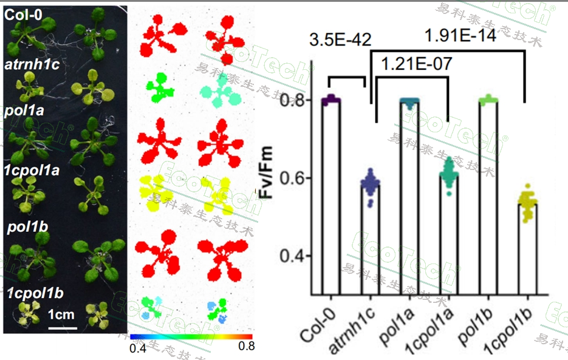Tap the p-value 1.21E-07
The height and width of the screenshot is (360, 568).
click(416, 64)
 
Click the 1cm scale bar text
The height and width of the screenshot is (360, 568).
click(61, 314)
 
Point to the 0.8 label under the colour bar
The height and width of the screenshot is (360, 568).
click(245, 347)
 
